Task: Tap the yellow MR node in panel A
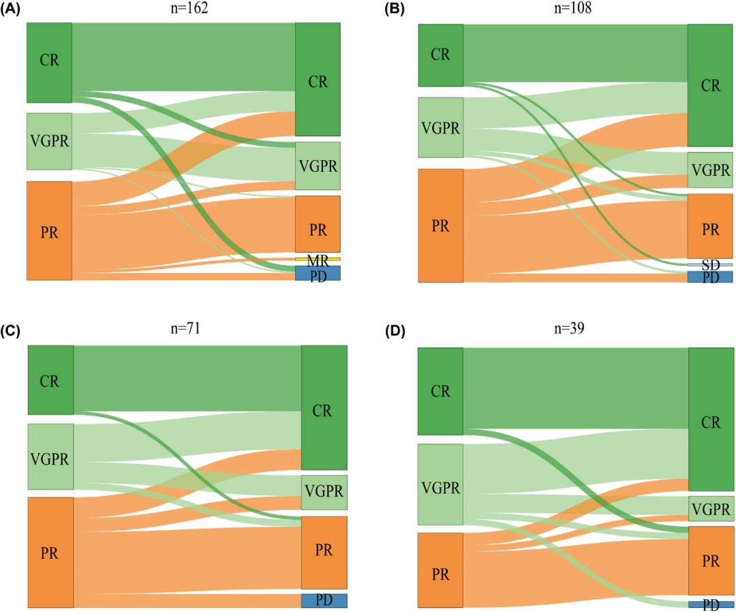click(318, 260)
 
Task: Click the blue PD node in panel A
click(318, 273)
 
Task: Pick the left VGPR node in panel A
click(49, 141)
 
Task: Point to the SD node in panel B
click(710, 264)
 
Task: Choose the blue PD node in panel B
click(710, 277)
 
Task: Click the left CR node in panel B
click(441, 55)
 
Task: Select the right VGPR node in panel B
click(710, 170)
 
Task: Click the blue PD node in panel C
click(324, 600)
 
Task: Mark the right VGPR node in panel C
click(324, 493)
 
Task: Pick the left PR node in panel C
click(50, 552)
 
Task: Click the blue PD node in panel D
click(711, 605)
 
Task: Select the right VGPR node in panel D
click(711, 508)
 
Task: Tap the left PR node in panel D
click(440, 570)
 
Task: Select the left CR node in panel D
click(440, 391)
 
